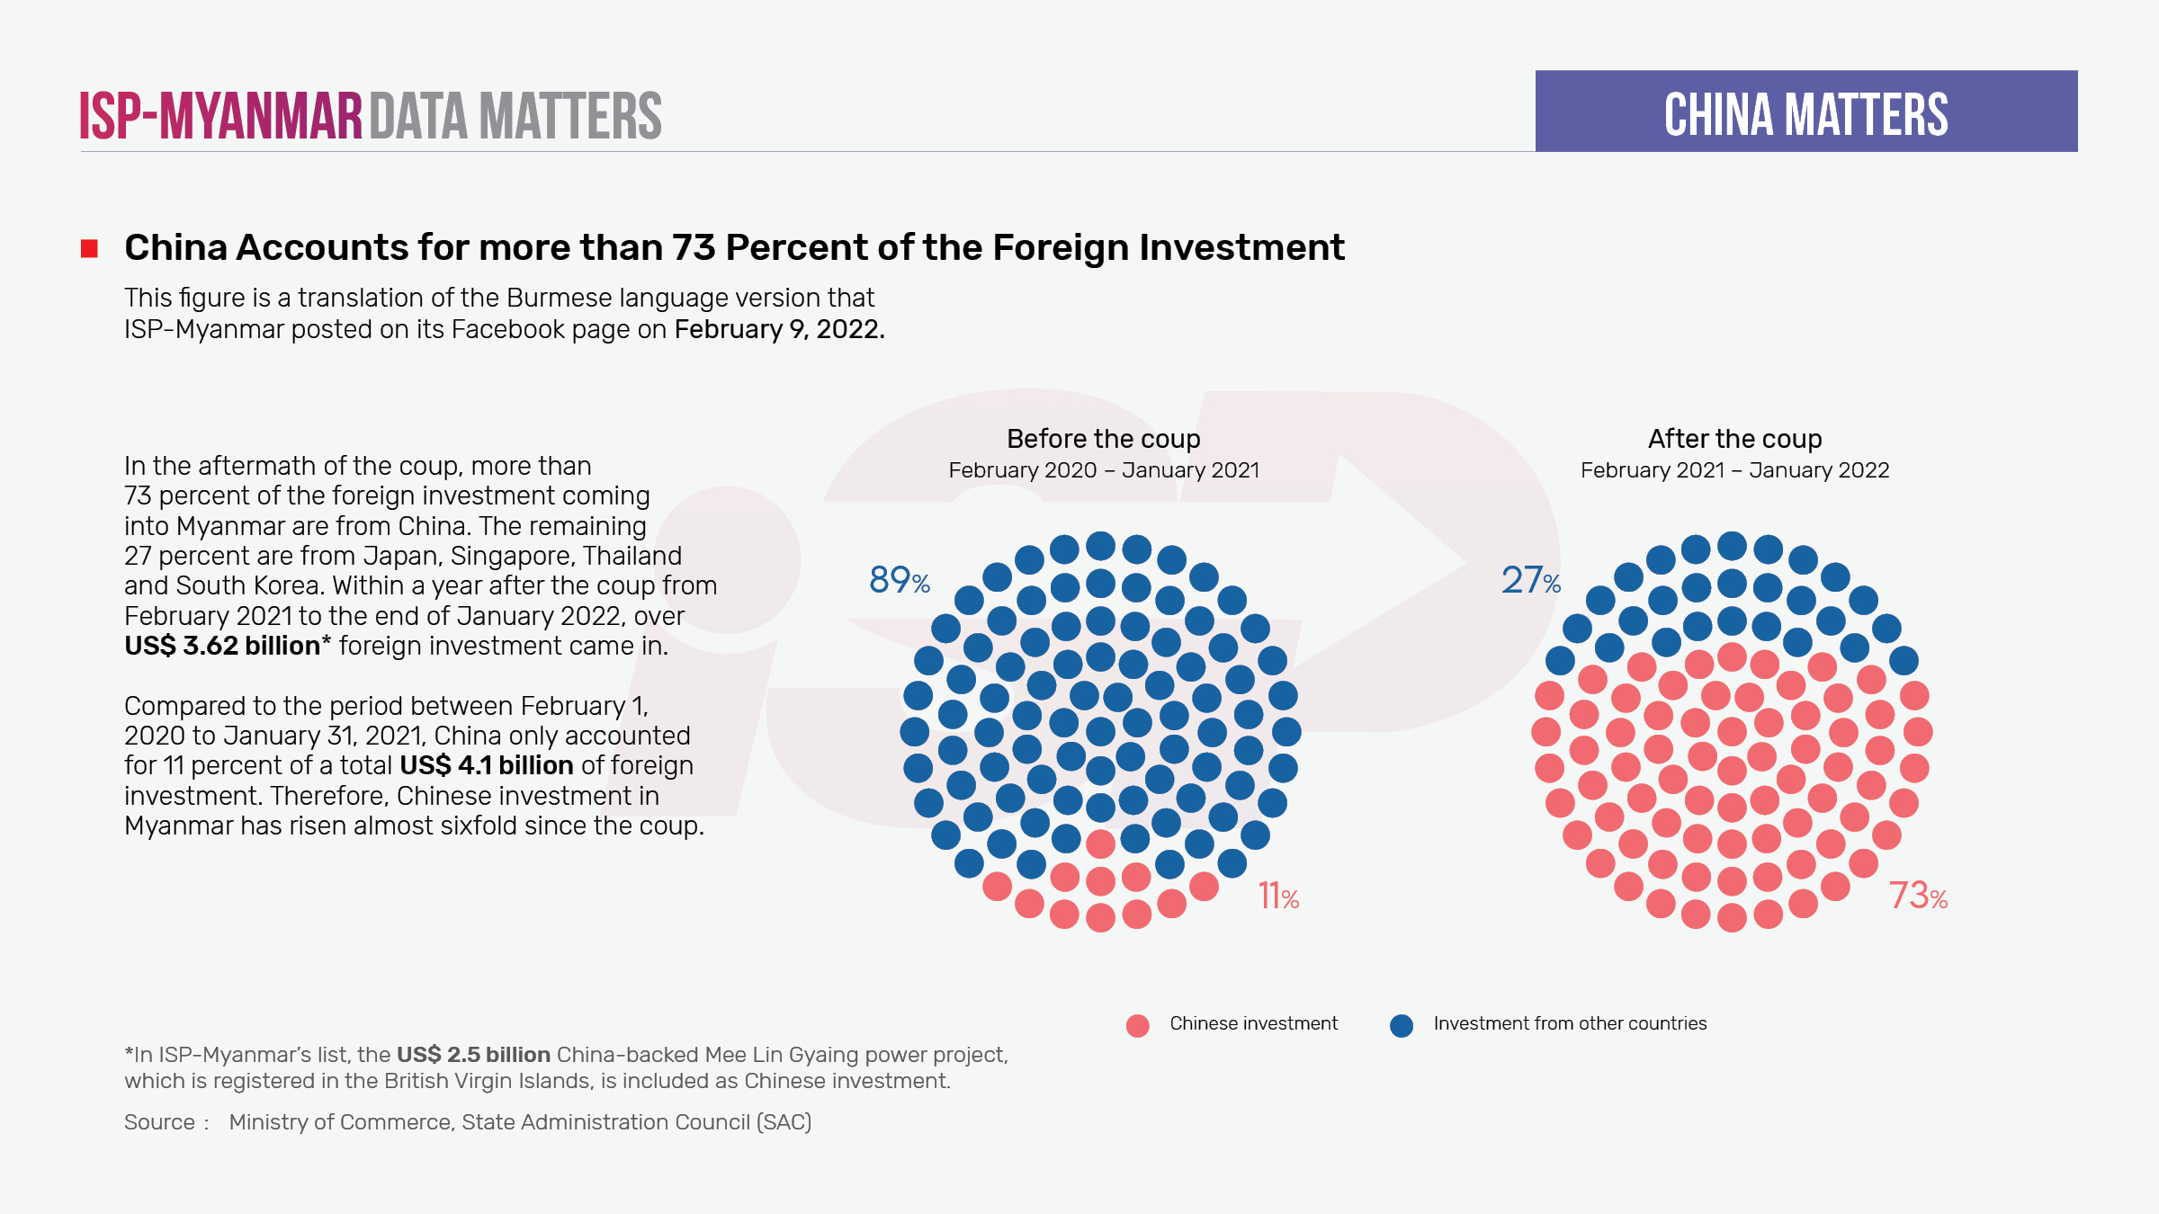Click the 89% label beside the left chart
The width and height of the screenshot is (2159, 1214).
(x=899, y=580)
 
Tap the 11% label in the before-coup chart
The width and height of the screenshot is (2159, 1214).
(x=1277, y=896)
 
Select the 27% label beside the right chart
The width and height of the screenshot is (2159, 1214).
(x=1530, y=580)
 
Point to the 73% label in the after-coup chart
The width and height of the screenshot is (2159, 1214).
(x=1918, y=896)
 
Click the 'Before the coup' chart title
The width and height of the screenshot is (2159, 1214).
(x=1103, y=439)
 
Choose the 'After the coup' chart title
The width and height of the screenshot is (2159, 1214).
(x=1734, y=439)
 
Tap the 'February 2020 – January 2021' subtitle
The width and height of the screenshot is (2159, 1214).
(x=1104, y=470)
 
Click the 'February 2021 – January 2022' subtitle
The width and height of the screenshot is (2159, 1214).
(x=1734, y=470)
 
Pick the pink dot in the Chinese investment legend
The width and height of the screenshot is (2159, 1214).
(x=1137, y=1025)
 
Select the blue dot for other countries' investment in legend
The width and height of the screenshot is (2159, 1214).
(x=1401, y=1025)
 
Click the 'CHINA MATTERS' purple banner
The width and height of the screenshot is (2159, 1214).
(x=1805, y=112)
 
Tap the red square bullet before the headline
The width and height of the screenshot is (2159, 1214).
(x=89, y=248)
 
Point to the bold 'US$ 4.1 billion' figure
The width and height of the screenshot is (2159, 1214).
(x=486, y=765)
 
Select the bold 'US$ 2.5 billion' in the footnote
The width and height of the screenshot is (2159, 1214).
(x=473, y=1054)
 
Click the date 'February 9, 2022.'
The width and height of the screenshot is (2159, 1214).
(x=779, y=329)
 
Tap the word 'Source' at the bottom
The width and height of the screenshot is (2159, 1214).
(x=159, y=1122)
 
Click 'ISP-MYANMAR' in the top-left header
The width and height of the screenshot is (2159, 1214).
(x=220, y=116)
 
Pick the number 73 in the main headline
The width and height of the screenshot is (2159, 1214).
(x=693, y=247)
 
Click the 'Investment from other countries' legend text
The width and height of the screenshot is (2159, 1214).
(x=1569, y=1023)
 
